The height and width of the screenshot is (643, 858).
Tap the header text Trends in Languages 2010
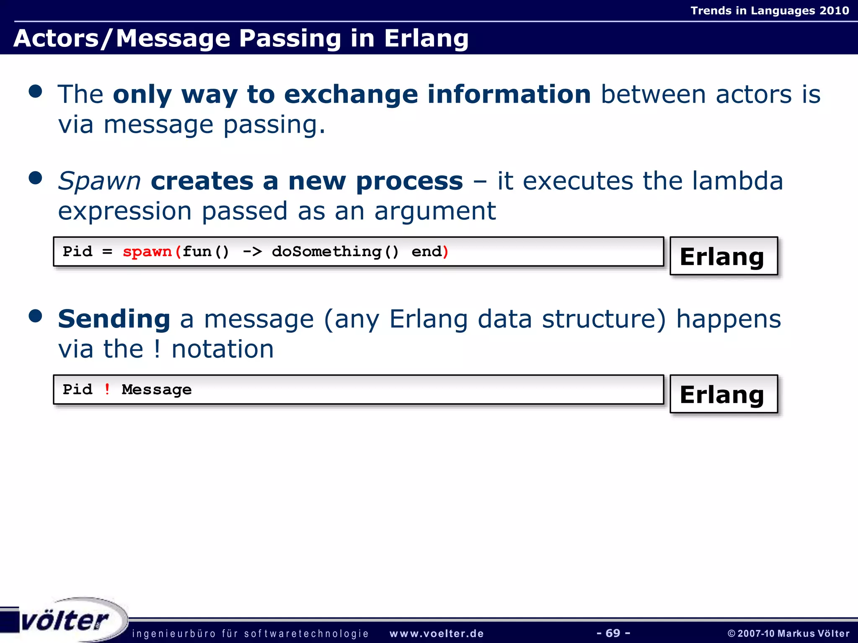(769, 10)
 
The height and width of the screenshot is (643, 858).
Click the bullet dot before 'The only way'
(36, 91)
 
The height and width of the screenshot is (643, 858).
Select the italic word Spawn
(99, 181)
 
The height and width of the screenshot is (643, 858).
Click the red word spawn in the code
(147, 252)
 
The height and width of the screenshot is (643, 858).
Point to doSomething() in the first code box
(335, 252)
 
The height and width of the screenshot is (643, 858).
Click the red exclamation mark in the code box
(107, 389)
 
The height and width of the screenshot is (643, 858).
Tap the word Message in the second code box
(157, 390)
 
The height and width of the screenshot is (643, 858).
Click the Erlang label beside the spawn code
(722, 257)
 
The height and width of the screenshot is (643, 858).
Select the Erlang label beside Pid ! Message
(722, 394)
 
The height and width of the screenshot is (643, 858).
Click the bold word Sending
(114, 319)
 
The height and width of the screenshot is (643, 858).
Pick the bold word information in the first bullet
(509, 94)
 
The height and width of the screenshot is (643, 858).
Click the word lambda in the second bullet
(737, 181)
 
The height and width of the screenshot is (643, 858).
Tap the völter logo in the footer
(65, 620)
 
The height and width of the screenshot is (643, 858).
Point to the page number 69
(613, 633)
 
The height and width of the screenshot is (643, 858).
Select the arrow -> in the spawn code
(252, 252)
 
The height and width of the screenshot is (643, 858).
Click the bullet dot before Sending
(36, 316)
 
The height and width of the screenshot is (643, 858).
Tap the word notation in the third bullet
(222, 349)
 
